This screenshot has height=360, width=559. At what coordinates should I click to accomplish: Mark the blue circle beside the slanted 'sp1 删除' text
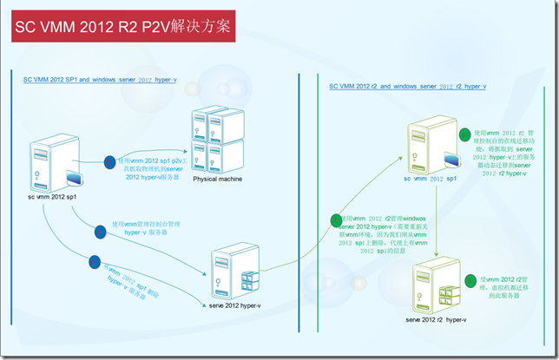click(92, 259)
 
